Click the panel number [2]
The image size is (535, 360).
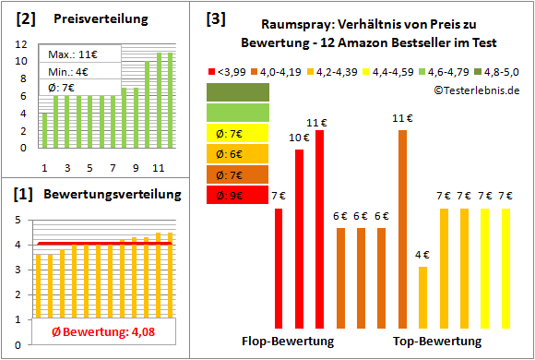26,18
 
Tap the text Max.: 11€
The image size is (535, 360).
71,55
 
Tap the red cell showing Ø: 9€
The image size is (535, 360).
238,196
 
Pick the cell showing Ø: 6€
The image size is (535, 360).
238,153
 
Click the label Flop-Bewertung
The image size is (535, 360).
288,341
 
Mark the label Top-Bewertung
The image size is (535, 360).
438,341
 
